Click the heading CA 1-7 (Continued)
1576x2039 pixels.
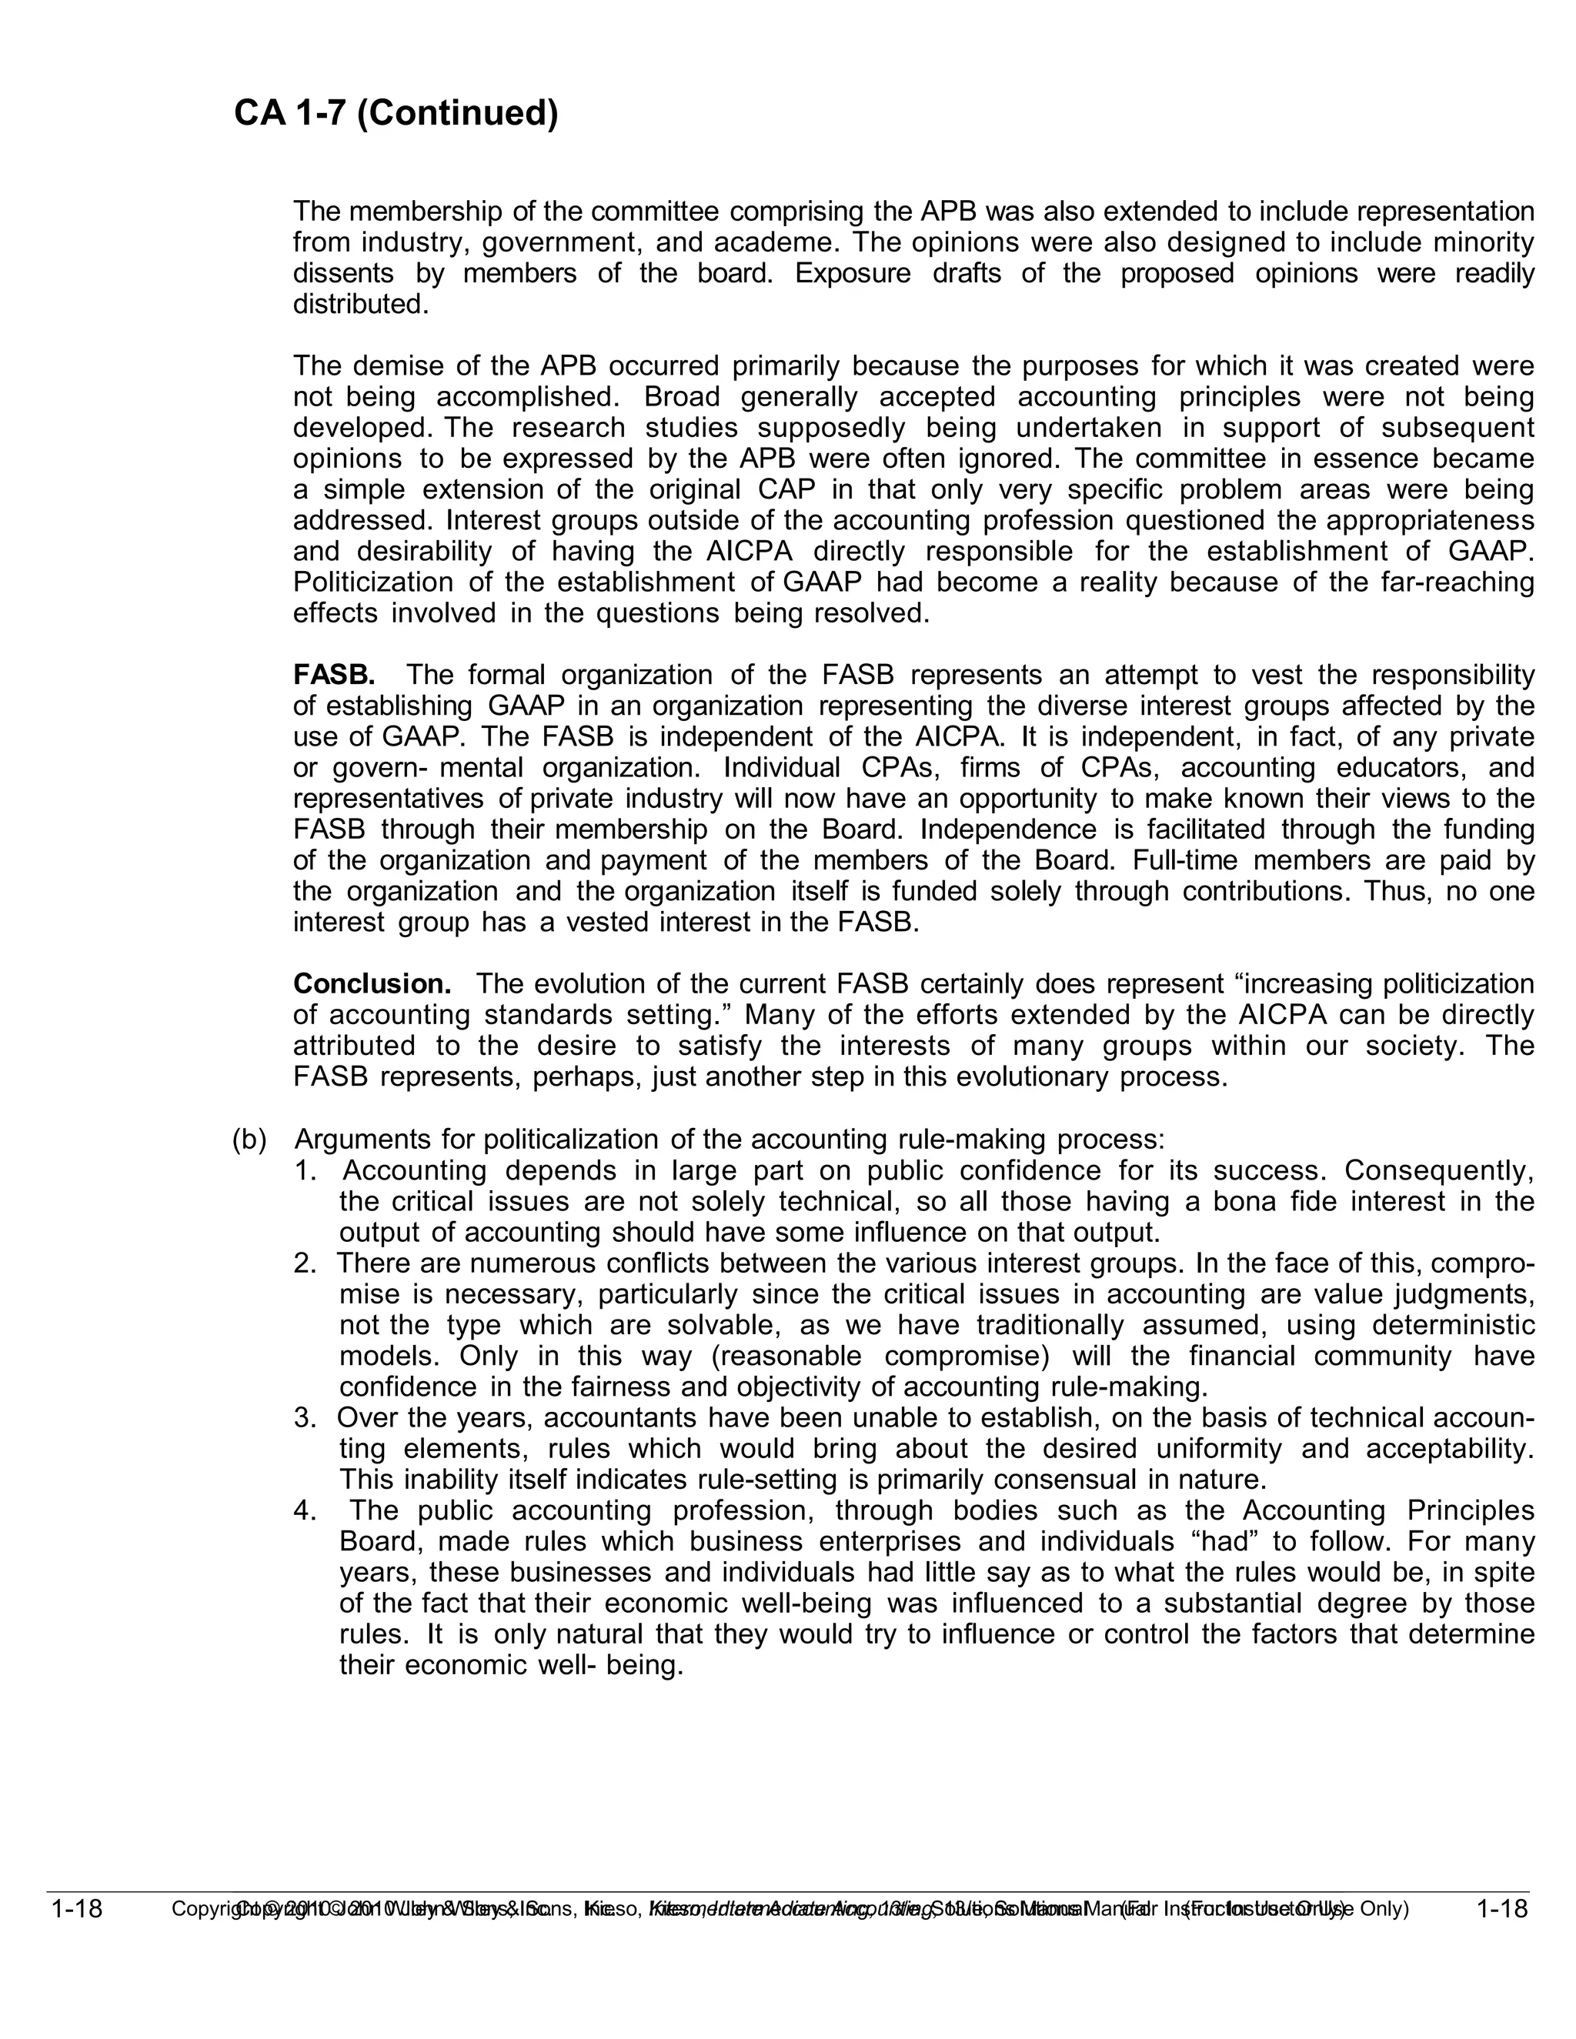pos(396,113)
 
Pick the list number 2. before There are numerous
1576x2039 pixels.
pos(306,1263)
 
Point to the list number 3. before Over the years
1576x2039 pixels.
pos(306,1417)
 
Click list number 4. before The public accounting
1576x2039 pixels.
pos(306,1510)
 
